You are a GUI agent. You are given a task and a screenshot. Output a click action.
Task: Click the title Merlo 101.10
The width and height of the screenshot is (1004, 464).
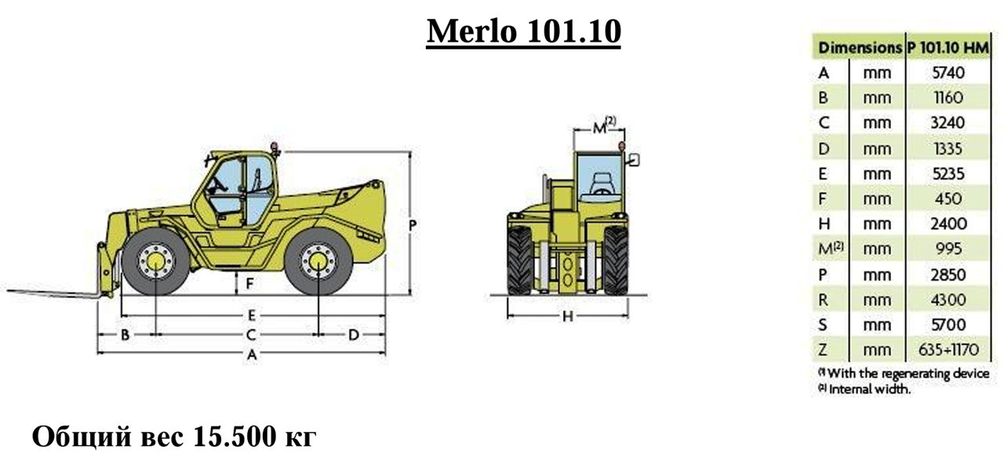click(x=523, y=31)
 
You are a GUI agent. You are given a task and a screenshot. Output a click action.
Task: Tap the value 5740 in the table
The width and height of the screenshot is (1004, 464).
click(x=948, y=73)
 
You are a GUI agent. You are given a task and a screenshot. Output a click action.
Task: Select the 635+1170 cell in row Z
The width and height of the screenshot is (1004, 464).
click(x=948, y=350)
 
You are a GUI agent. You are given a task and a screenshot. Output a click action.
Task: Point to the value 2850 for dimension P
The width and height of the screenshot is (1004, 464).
click(x=948, y=274)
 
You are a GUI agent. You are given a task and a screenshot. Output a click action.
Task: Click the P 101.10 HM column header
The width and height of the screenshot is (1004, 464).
click(x=948, y=48)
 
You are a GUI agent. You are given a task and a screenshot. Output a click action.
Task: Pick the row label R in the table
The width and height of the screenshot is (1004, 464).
click(x=824, y=299)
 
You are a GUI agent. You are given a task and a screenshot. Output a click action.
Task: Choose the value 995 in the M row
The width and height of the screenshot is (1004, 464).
click(x=948, y=248)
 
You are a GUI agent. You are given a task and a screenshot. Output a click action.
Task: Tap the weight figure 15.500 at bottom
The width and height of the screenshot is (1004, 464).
click(x=235, y=437)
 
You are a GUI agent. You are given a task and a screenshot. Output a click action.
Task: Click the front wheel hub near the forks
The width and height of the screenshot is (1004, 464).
click(x=155, y=262)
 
